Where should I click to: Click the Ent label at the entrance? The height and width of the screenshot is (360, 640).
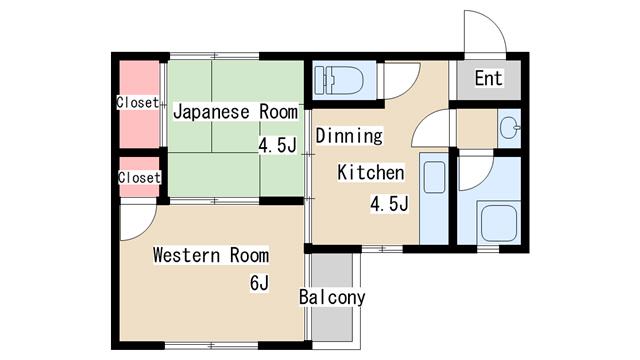(489, 78)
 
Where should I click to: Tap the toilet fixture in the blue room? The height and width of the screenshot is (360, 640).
(338, 80)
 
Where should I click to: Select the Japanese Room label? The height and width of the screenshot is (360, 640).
(236, 112)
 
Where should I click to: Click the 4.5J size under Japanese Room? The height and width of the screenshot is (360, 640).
(277, 145)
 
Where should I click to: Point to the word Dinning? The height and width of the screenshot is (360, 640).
(349, 136)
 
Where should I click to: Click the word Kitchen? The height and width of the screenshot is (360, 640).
(371, 173)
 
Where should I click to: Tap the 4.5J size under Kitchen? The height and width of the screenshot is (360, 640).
(389, 204)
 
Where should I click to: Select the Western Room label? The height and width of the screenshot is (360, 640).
(211, 255)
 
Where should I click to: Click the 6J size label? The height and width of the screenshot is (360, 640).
(260, 282)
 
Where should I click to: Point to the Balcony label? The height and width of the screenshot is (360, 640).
(332, 297)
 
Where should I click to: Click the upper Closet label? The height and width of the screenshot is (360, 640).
(138, 102)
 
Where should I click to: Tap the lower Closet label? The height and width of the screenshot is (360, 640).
(139, 178)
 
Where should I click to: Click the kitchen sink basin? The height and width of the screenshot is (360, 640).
(435, 177)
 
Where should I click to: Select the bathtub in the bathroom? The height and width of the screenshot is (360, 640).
(498, 223)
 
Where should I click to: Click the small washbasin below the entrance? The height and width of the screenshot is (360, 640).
(510, 127)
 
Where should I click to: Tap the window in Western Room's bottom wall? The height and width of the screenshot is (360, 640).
(211, 346)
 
